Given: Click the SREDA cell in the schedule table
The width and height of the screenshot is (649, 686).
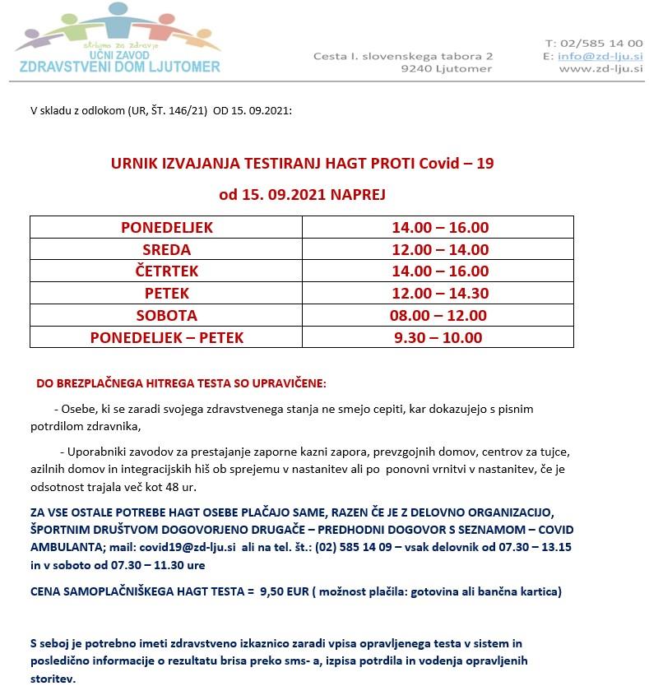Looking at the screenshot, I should tap(166, 249).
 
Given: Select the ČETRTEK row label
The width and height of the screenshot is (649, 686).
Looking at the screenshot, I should tap(166, 271).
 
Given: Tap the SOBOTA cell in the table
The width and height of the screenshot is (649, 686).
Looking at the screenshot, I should tap(166, 315).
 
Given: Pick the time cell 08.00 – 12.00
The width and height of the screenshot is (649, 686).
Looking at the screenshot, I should tap(438, 315).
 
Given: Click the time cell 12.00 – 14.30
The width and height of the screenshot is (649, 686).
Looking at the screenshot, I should tap(438, 293).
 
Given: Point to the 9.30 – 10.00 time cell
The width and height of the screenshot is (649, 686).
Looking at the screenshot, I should tap(438, 337).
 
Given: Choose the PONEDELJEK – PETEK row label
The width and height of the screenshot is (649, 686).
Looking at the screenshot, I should tap(166, 337).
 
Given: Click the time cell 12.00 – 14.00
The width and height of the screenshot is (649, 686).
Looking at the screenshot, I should tap(438, 249).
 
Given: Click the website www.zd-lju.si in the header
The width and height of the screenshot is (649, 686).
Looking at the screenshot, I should tap(600, 69).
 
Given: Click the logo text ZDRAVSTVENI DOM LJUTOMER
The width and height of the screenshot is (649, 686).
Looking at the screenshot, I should tap(120, 66).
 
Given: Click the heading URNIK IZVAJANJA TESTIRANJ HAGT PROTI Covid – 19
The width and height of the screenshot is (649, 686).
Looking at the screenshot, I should tap(302, 163).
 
